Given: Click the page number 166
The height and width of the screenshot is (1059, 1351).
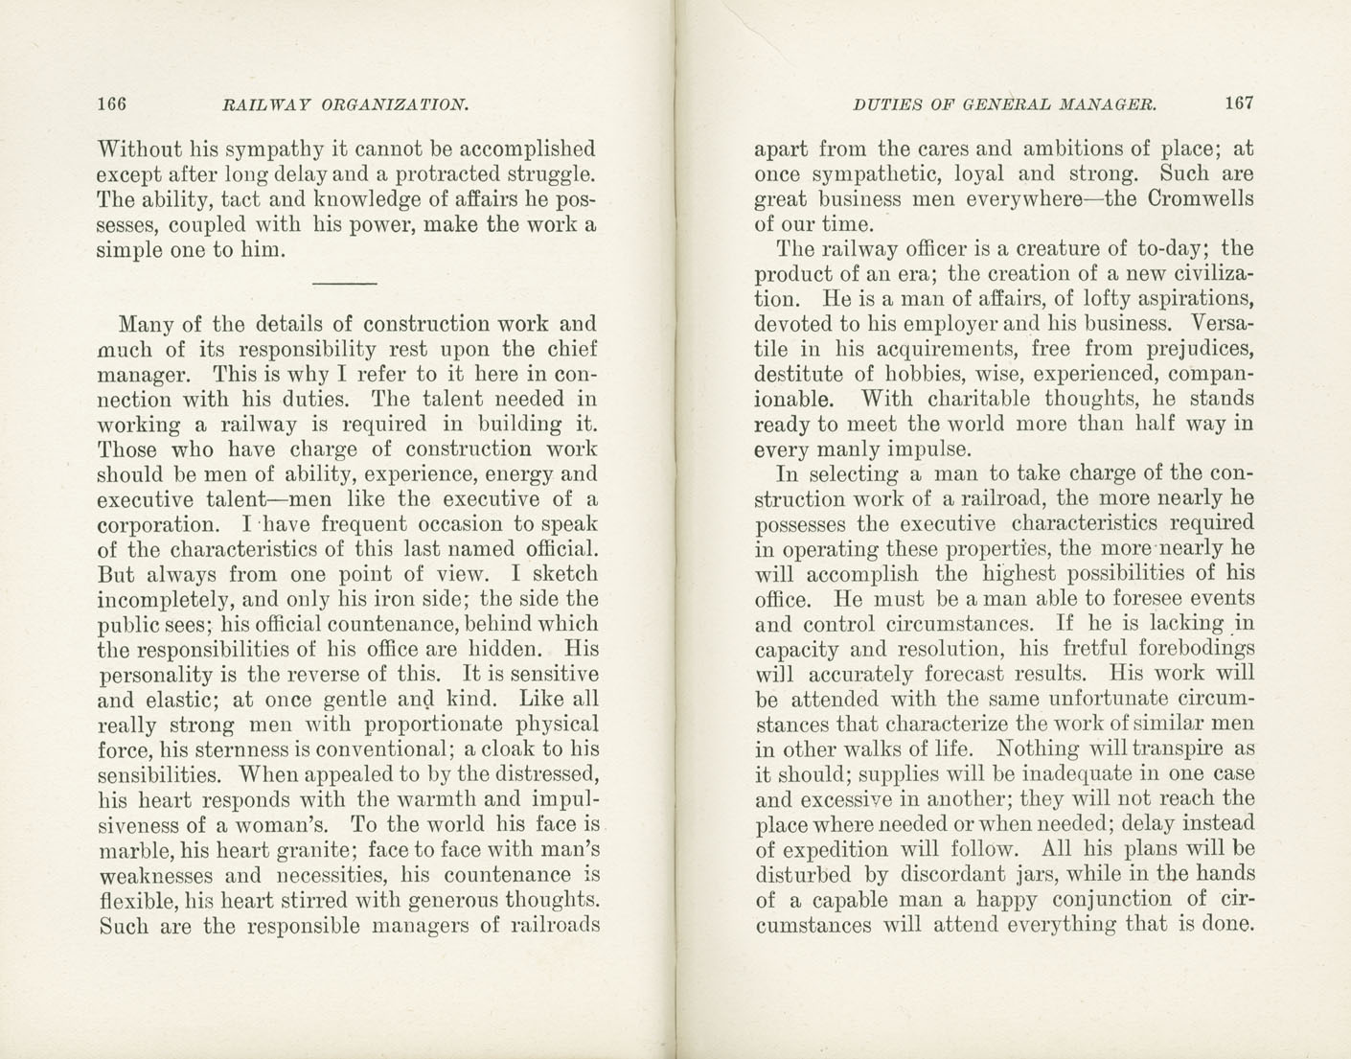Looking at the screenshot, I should pyautogui.click(x=112, y=104).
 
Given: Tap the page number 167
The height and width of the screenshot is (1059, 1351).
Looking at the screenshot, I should pyautogui.click(x=1238, y=104).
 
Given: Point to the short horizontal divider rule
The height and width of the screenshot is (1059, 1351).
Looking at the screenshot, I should pyautogui.click(x=345, y=283).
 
